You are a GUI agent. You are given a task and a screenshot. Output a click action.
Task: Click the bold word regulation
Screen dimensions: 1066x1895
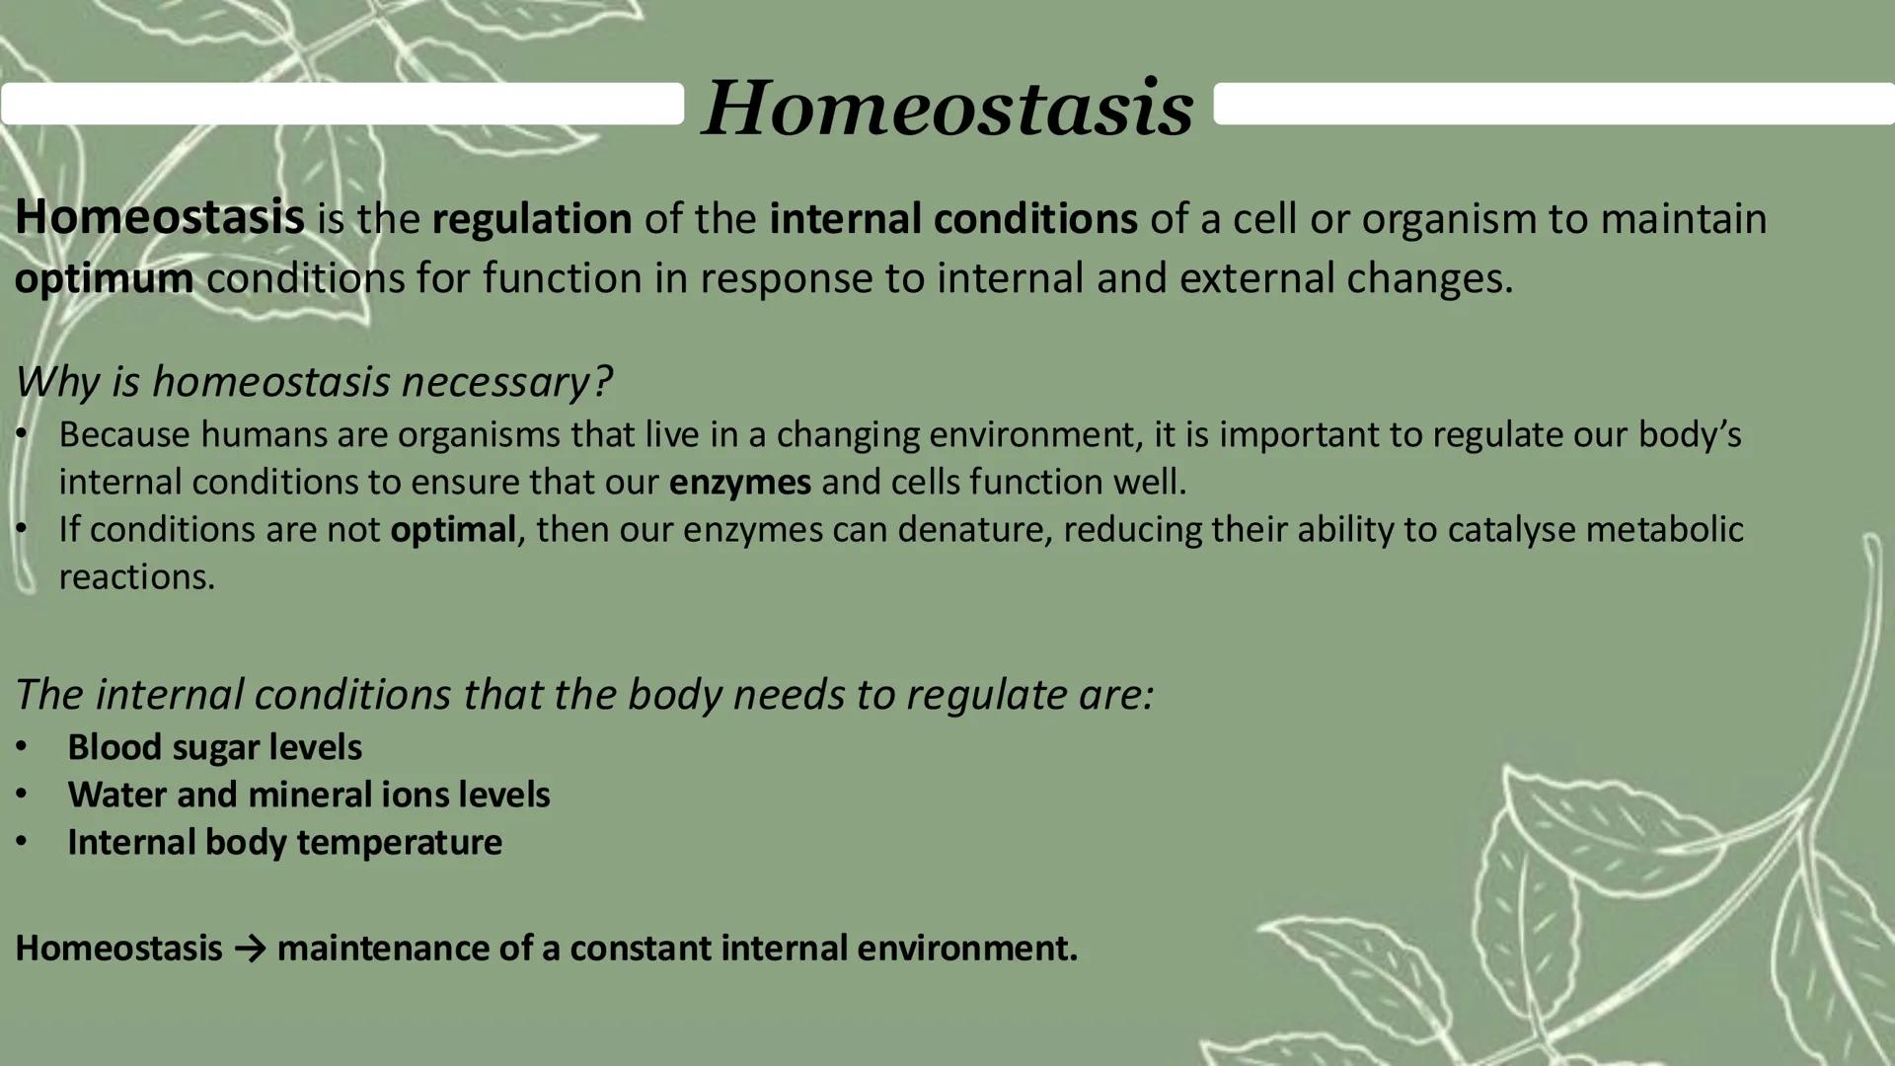click(x=532, y=219)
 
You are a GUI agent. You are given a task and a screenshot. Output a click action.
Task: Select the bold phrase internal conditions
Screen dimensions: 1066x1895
click(x=952, y=219)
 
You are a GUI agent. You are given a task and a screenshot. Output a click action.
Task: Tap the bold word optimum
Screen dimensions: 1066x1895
click(x=104, y=279)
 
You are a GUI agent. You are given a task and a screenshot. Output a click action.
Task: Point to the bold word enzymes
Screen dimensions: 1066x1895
click(x=739, y=483)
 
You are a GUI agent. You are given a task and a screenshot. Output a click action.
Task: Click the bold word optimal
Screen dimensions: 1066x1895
click(x=452, y=530)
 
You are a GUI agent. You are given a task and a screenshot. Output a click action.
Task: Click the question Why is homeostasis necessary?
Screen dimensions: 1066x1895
click(x=314, y=382)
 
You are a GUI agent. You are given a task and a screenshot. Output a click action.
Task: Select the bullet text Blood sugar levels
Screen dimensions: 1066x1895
click(x=214, y=747)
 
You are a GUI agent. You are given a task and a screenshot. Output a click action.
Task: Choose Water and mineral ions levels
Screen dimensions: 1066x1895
click(x=308, y=795)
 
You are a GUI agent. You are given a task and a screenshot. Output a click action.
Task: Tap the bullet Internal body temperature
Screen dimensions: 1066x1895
click(x=284, y=842)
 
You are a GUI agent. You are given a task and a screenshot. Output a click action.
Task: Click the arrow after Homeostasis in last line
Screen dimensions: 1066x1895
click(x=250, y=949)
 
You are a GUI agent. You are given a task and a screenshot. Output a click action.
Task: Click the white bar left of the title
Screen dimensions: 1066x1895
click(x=341, y=104)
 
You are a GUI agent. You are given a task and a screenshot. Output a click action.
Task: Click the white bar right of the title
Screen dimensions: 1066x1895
click(x=1554, y=104)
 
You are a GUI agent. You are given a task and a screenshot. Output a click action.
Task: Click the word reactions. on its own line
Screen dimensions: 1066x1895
click(x=136, y=577)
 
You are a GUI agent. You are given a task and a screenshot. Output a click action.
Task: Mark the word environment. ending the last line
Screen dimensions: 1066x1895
click(x=966, y=949)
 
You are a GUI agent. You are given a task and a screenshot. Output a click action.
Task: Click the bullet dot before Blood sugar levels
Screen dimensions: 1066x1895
click(x=22, y=747)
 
